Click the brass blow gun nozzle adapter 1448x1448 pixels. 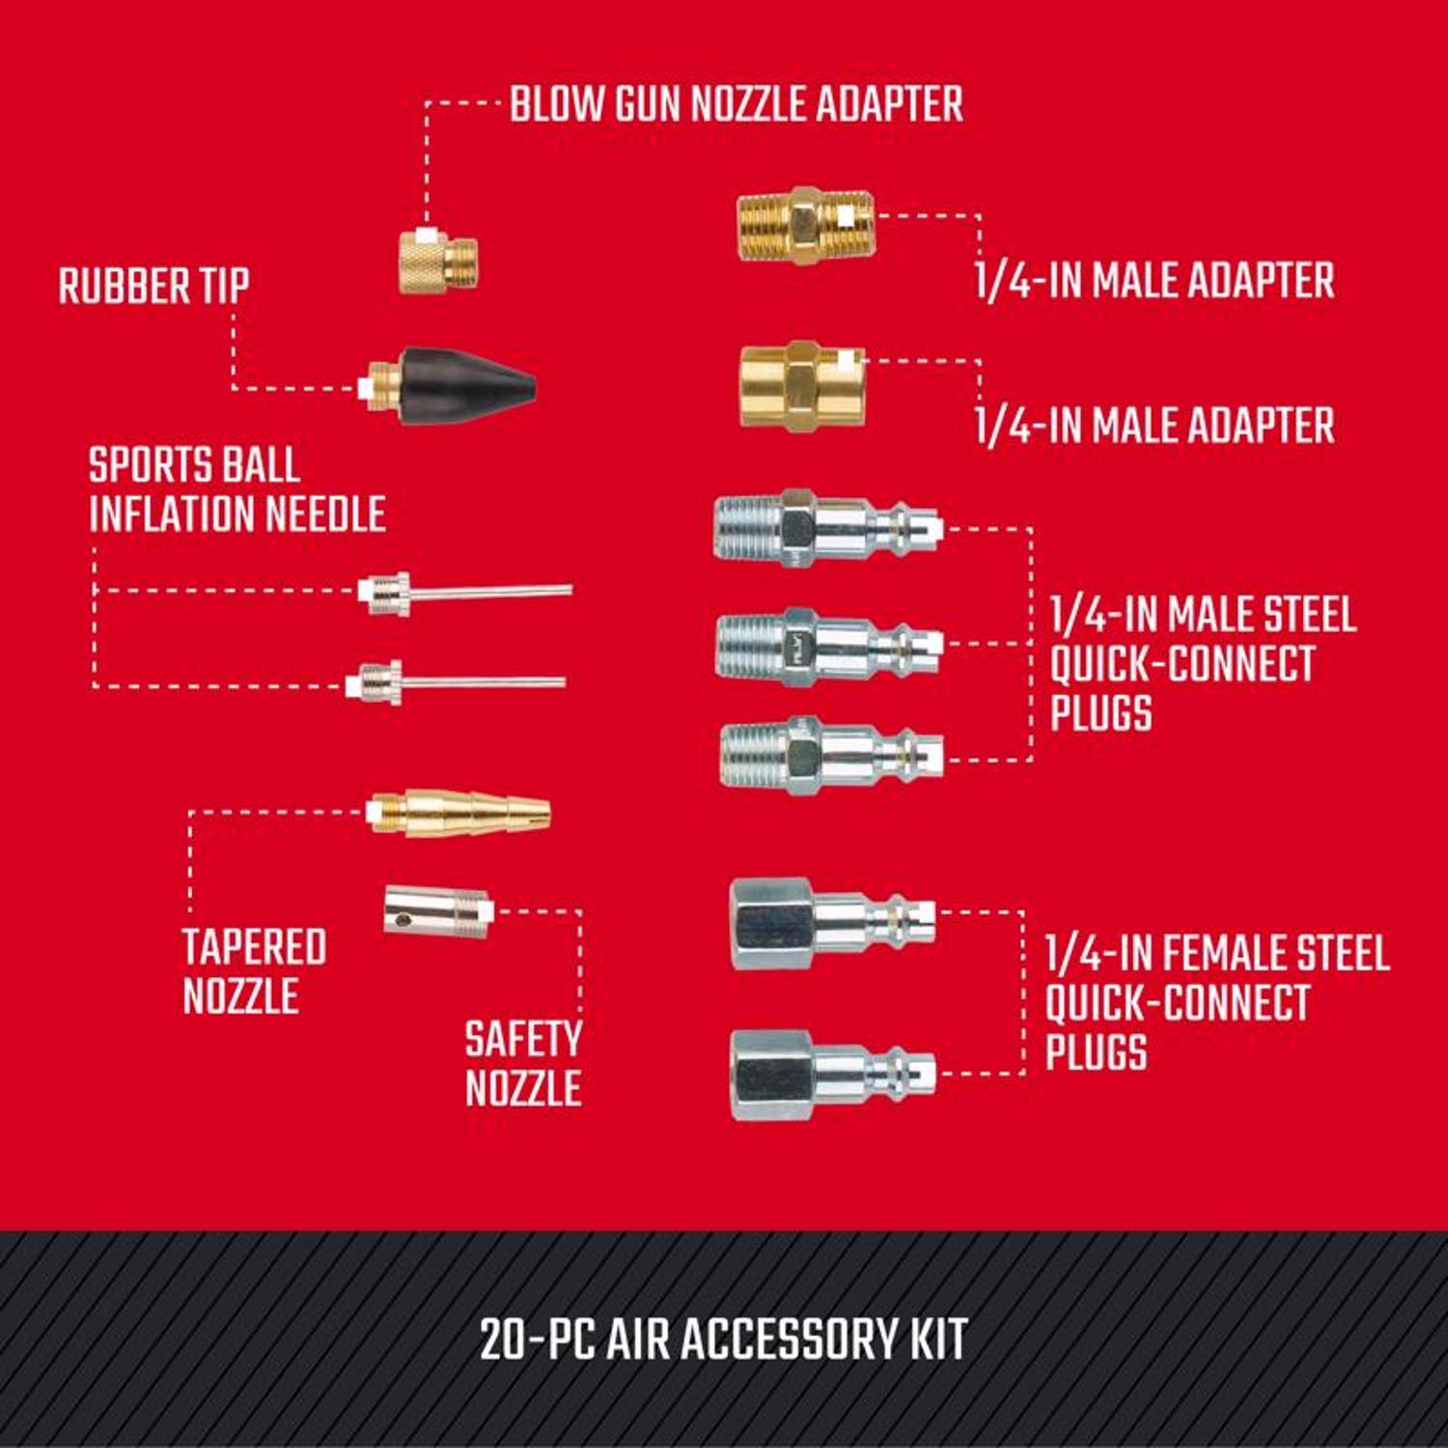tap(438, 262)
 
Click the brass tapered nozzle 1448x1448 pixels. tap(459, 814)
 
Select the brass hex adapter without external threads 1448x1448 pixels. tap(801, 386)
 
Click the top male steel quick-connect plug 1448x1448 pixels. tap(825, 528)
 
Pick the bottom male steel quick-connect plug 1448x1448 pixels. tap(830, 755)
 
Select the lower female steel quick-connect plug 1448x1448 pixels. tap(831, 1074)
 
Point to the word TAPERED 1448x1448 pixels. tap(254, 947)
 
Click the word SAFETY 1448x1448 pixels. tap(523, 1040)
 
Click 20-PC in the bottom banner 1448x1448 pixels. tap(537, 1339)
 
